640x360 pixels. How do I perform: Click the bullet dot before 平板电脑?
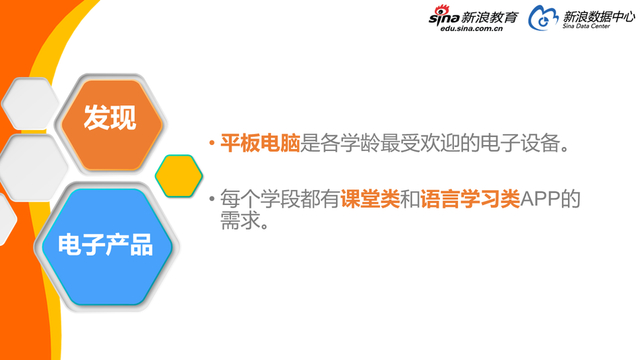coord(211,144)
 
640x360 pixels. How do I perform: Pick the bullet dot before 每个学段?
coord(211,199)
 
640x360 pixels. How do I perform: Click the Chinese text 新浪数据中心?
coord(599,16)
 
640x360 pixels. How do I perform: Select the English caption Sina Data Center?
coord(589,30)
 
